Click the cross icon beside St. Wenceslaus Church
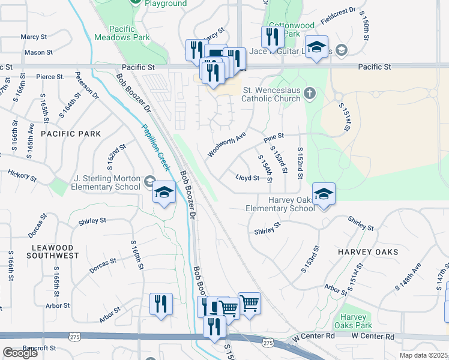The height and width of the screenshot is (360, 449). click(309, 92)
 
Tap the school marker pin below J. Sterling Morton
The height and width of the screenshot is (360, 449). click(163, 193)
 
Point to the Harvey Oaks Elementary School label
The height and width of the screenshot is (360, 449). click(280, 204)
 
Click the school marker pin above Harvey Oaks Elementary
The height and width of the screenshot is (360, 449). click(323, 194)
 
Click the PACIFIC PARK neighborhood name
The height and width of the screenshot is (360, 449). click(71, 134)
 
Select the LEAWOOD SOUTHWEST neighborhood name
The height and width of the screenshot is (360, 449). click(53, 251)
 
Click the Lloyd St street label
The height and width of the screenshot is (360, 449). click(247, 178)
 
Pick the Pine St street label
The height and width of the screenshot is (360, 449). click(273, 137)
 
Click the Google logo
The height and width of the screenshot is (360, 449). click(20, 353)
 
